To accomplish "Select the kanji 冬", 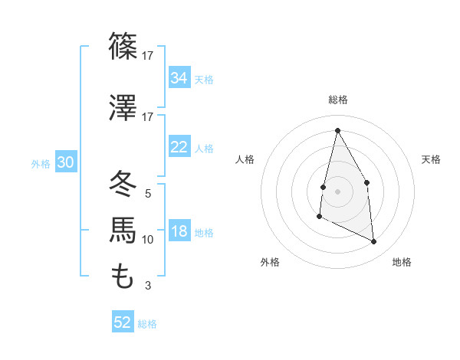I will pos(123,185).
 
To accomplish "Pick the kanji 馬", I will pos(123,231).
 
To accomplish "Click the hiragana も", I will pos(123,276).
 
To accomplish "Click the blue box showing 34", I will pos(179,77).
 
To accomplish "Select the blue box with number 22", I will pos(179,147).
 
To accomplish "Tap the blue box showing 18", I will pos(179,231).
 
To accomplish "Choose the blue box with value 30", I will pos(65,162).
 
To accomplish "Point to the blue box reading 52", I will pos(123,322).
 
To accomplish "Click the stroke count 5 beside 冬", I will pos(147,194).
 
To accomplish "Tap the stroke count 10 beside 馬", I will pos(148,240).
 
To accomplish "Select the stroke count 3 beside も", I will pos(147,286).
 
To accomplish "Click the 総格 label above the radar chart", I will pos(337,100).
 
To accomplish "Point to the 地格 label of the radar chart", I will pos(402,262).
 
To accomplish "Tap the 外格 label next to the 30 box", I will pos(41,163).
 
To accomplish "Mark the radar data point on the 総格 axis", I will pos(337,130).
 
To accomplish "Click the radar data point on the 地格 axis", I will pos(373,241).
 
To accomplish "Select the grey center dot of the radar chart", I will pos(337,191).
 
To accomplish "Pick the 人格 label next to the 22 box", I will pos(204,148).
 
